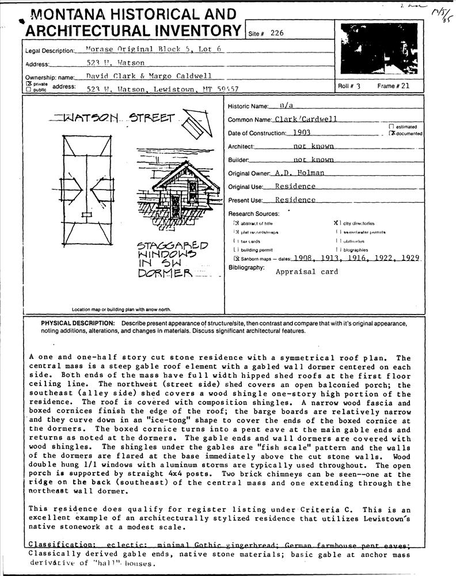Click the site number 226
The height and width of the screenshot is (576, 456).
click(x=277, y=33)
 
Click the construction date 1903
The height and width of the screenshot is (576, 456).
click(x=302, y=132)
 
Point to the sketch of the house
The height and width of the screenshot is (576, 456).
click(x=178, y=190)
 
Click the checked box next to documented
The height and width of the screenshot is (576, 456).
click(x=392, y=134)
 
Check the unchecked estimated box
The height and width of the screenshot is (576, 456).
click(x=392, y=126)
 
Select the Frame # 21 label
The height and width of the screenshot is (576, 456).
click(x=394, y=86)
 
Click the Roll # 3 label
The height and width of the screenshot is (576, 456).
click(x=349, y=86)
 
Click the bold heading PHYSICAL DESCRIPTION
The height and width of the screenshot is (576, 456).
click(x=78, y=324)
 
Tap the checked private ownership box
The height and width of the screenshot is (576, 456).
click(x=27, y=84)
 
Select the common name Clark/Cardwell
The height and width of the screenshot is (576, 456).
click(x=305, y=119)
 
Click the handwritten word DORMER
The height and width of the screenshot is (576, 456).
click(x=165, y=274)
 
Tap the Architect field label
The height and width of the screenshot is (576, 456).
click(x=241, y=147)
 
